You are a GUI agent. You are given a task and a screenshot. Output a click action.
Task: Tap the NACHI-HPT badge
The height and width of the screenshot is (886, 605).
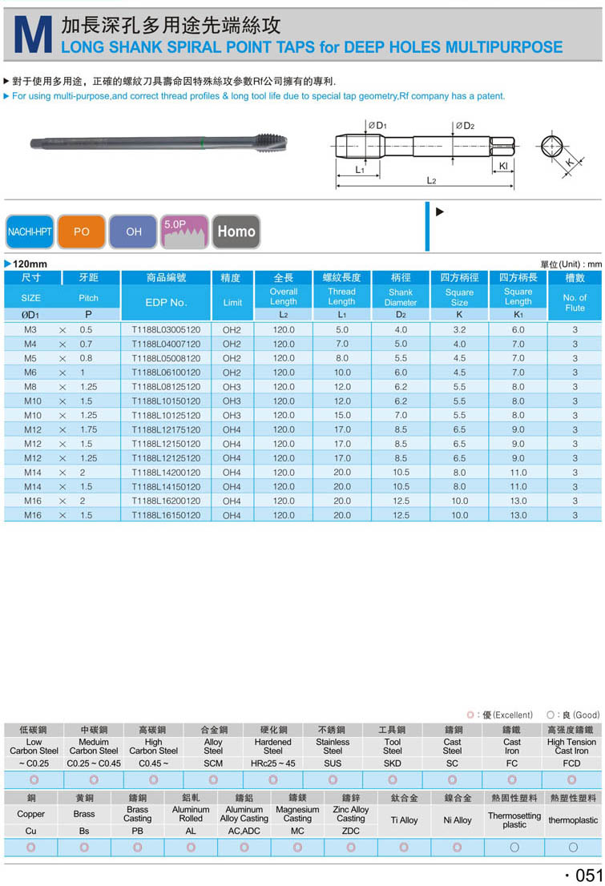click(29, 232)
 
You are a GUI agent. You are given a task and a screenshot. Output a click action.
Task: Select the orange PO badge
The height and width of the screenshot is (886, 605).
click(82, 232)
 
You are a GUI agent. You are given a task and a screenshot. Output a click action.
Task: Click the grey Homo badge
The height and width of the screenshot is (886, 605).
click(236, 232)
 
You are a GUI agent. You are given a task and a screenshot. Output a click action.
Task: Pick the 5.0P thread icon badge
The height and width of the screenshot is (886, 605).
click(185, 232)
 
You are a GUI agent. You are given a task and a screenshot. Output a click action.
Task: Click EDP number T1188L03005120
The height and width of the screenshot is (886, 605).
click(166, 330)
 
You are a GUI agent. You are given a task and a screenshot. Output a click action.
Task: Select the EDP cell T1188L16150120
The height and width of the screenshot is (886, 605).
click(166, 515)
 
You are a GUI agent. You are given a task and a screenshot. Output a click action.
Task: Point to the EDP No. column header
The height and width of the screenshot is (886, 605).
click(166, 302)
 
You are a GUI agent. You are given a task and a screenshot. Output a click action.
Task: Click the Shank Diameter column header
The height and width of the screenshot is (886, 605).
click(401, 297)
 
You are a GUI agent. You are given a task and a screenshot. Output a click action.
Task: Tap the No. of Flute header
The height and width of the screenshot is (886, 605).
click(575, 302)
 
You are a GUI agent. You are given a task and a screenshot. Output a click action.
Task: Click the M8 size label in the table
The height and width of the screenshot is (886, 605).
click(30, 387)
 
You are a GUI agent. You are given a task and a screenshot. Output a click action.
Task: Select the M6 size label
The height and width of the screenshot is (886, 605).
click(30, 373)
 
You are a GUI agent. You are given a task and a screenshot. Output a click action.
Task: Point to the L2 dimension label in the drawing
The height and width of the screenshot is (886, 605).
click(431, 181)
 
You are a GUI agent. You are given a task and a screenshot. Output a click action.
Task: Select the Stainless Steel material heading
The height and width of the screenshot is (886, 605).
click(333, 747)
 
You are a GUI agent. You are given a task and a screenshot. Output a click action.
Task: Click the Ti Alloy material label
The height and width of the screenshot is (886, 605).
click(404, 820)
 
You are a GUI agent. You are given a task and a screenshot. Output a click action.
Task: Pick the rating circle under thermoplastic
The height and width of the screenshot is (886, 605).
click(573, 847)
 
